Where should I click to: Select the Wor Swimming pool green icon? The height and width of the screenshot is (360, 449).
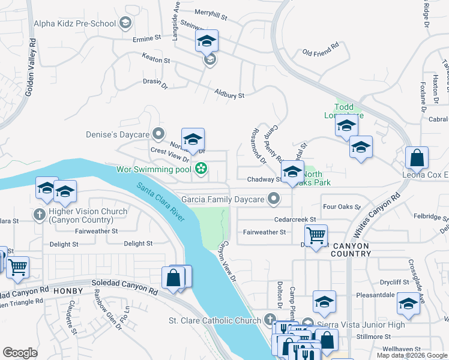[200, 170]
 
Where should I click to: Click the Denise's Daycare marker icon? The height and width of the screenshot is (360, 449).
[158, 133]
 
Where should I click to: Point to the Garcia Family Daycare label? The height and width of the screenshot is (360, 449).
[223, 197]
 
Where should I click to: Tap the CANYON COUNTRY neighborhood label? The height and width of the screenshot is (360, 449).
[360, 250]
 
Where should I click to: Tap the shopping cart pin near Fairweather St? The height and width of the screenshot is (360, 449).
[316, 236]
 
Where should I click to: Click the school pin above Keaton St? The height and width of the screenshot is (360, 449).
[206, 41]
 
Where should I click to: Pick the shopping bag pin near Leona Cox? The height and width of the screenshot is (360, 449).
[417, 158]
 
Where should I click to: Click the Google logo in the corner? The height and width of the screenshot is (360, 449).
[20, 353]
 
